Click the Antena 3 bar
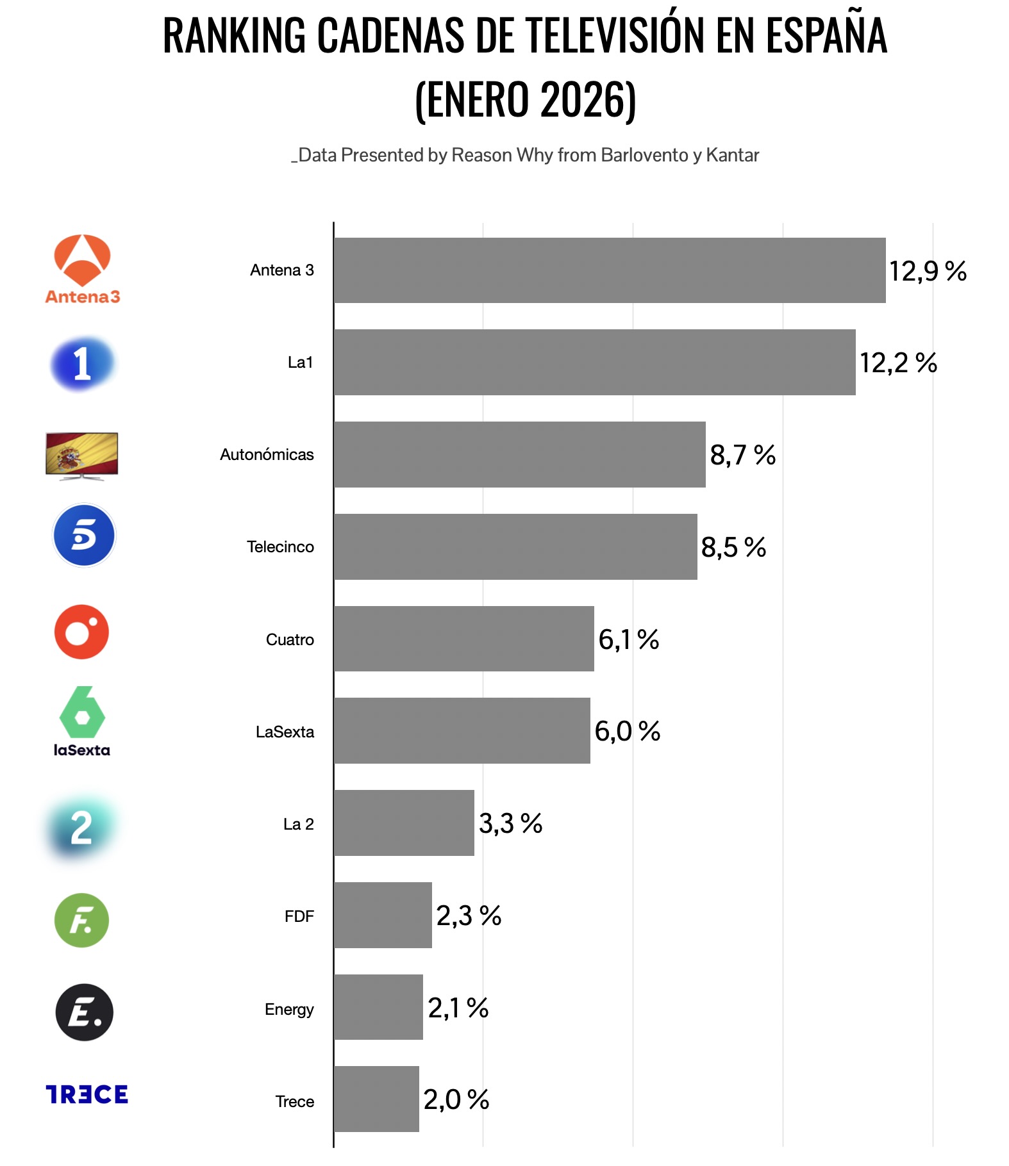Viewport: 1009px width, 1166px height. (x=609, y=270)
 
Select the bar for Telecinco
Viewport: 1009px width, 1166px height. (x=515, y=546)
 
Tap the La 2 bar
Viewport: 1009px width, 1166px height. (x=404, y=823)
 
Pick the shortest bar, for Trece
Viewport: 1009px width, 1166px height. (x=376, y=1099)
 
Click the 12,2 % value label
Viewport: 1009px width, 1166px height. (x=897, y=363)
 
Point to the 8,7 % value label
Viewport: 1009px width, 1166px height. (x=742, y=455)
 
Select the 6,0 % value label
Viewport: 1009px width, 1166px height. (x=627, y=731)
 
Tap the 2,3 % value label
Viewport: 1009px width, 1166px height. (x=469, y=916)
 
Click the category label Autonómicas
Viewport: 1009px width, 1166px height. (x=267, y=455)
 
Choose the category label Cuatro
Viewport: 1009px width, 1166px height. (x=290, y=639)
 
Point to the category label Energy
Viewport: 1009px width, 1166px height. (x=289, y=1009)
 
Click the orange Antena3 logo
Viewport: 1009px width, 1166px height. (x=83, y=269)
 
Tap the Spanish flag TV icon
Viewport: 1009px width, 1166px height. (x=82, y=455)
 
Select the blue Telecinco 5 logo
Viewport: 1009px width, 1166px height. (x=84, y=536)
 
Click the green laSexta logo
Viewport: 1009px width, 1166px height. (x=82, y=721)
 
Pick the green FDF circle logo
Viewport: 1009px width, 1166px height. (x=82, y=920)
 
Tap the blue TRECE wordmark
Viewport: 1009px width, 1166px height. (x=87, y=1094)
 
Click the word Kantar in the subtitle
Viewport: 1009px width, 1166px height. (x=732, y=155)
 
